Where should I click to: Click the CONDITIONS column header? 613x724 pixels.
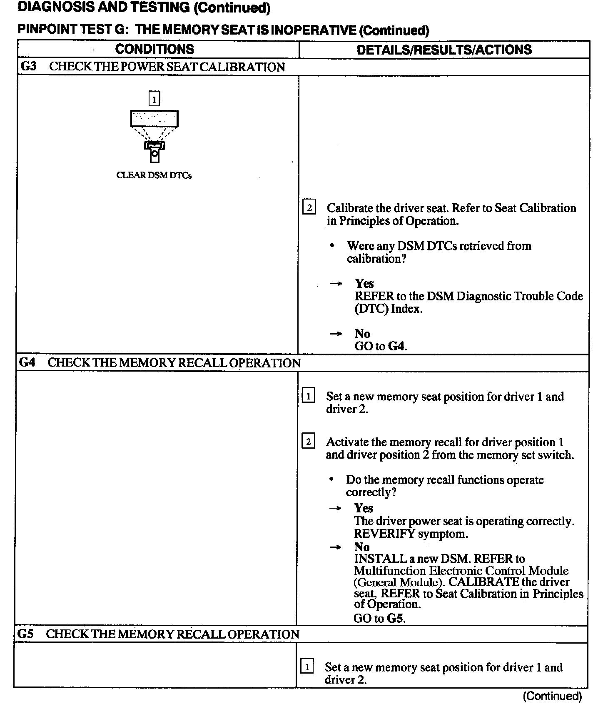(154, 49)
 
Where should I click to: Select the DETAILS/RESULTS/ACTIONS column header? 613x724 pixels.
(444, 50)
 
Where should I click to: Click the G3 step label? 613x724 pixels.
(28, 67)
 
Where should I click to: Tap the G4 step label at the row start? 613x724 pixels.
(27, 362)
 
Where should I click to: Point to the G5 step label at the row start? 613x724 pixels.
(26, 634)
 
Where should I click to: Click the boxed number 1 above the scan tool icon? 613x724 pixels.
(154, 99)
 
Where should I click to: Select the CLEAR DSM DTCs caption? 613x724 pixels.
(154, 175)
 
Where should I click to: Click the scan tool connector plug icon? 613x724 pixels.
(154, 152)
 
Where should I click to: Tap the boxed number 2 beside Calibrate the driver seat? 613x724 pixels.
(309, 207)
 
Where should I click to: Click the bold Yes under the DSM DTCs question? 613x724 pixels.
(364, 284)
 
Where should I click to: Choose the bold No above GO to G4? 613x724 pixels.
(362, 334)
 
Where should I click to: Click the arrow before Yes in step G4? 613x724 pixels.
(336, 509)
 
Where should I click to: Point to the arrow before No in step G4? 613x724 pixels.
(336, 547)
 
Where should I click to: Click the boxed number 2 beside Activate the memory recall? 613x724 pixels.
(308, 441)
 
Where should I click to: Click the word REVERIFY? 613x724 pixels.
(384, 534)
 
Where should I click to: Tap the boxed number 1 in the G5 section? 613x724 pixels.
(307, 667)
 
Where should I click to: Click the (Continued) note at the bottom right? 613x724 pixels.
(552, 696)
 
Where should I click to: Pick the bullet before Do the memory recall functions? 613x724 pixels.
(331, 479)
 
